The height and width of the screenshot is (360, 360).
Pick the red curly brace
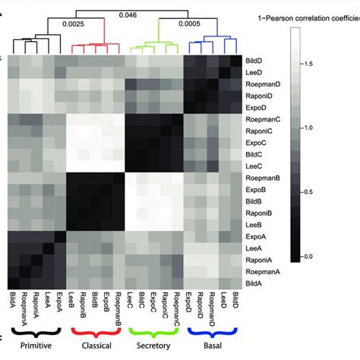96,331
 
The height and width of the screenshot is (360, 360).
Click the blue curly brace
213,331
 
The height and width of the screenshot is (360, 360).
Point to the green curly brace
156,331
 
